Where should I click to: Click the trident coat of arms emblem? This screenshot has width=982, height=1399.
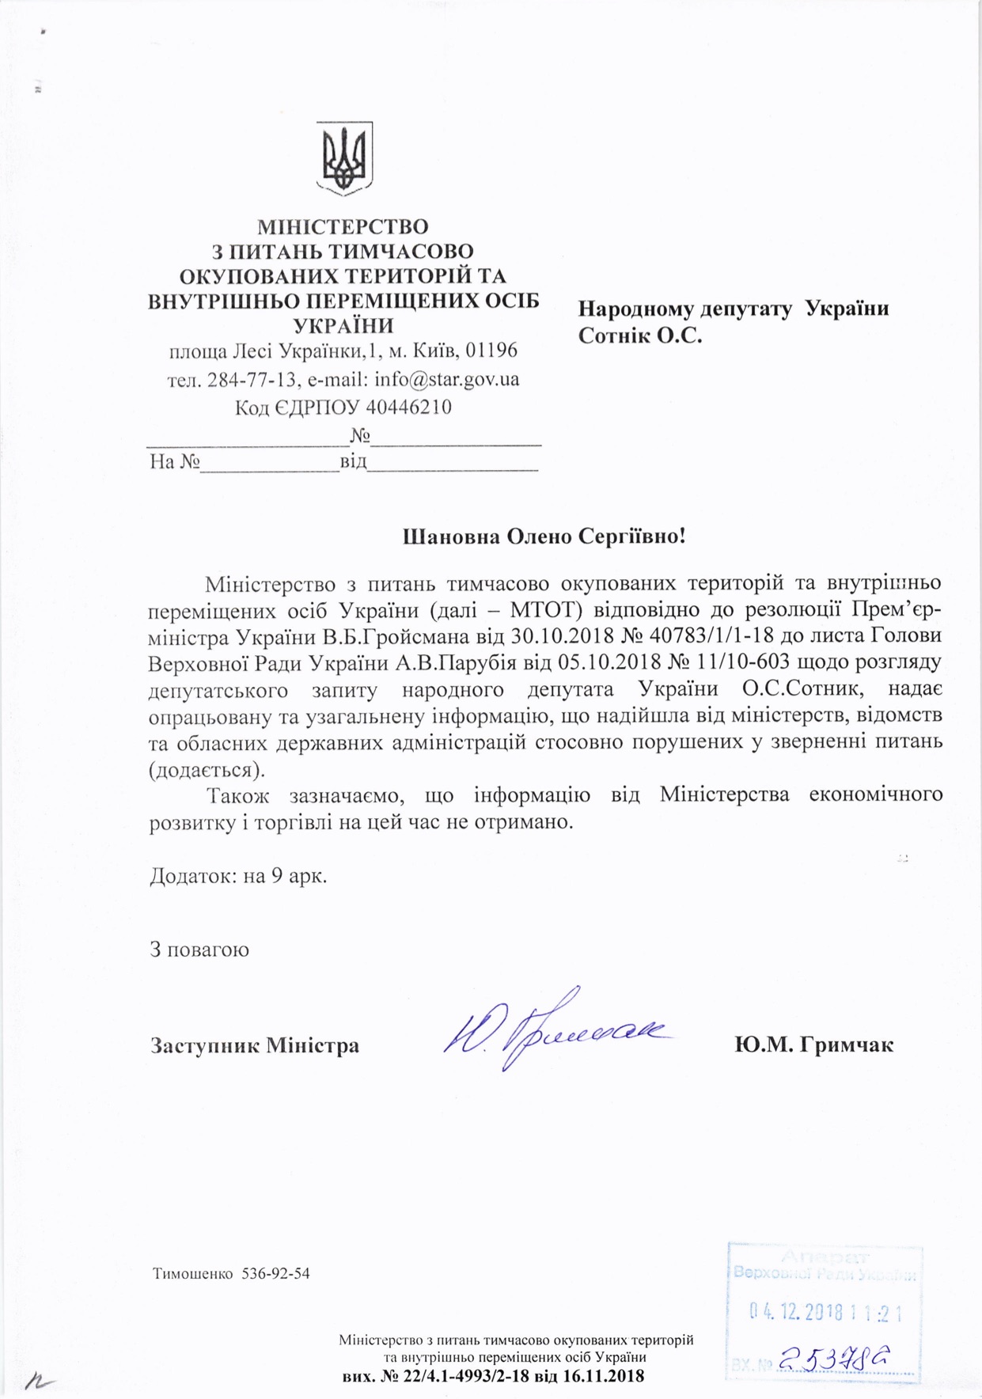[x=344, y=158]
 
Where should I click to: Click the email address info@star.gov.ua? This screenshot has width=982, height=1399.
[x=447, y=379]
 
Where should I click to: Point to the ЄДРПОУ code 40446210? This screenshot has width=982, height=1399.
[x=409, y=408]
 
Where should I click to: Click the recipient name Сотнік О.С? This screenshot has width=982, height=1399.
[x=640, y=336]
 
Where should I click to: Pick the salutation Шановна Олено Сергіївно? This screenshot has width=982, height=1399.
[x=544, y=536]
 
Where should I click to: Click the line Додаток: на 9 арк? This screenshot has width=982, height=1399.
[x=238, y=876]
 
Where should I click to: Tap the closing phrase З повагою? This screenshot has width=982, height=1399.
[x=199, y=949]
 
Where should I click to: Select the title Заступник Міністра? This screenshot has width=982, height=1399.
[x=255, y=1045]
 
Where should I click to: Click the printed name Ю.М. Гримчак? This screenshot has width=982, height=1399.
[x=813, y=1045]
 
